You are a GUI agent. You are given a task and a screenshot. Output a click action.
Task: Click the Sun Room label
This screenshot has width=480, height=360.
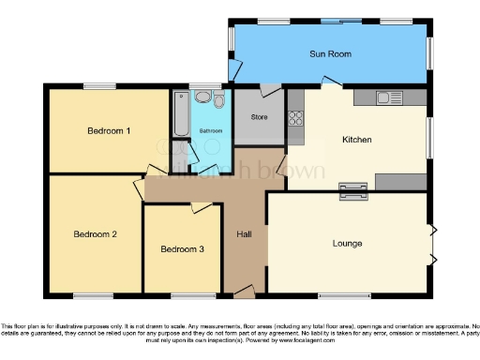(x=331, y=54)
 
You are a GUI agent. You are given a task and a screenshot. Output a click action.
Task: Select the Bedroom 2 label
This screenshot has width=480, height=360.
(x=95, y=233)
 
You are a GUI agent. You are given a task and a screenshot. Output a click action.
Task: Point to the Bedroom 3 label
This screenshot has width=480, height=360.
(x=181, y=249)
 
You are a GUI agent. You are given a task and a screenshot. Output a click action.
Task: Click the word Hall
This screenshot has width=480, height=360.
(x=243, y=232)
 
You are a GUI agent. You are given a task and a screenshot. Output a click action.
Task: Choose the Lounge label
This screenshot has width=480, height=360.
(x=347, y=244)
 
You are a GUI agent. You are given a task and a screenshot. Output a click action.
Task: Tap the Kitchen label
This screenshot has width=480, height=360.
(x=357, y=140)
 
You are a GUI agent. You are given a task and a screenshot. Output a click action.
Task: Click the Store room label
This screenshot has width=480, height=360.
(x=260, y=117)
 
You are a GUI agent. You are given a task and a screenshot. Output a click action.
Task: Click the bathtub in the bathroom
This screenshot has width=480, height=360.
(x=180, y=115)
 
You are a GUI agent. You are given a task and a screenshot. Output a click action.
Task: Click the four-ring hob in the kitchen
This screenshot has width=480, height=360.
(x=296, y=118)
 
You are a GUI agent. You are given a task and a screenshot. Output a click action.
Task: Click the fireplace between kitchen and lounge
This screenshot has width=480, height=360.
(x=352, y=191)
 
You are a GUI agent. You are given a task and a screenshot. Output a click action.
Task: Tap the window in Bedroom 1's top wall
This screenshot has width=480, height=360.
(x=97, y=86)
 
